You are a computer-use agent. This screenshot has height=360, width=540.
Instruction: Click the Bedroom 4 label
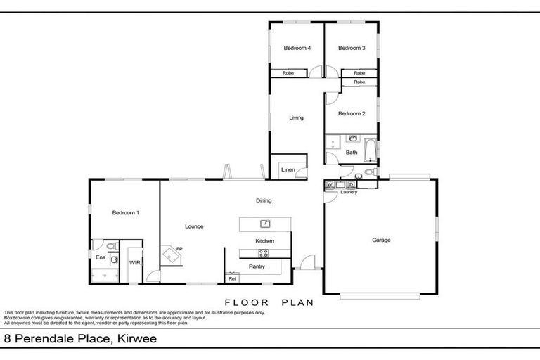click(297, 48)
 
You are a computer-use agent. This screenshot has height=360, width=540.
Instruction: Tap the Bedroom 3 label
click(352, 48)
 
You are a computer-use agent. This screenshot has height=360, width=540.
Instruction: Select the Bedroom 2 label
click(352, 113)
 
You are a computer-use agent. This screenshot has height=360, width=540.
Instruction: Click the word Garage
click(381, 240)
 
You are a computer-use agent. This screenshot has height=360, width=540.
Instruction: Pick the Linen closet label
click(288, 170)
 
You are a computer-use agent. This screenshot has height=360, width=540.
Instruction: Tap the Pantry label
click(257, 267)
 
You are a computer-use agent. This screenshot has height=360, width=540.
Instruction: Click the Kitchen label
click(264, 241)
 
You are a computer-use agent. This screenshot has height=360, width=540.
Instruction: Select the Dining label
click(264, 200)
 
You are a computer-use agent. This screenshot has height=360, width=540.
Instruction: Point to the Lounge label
click(194, 226)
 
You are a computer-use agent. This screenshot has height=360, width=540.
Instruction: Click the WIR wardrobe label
click(134, 262)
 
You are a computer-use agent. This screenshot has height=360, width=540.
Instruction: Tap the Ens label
click(101, 257)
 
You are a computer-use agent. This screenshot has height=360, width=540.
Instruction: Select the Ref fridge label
click(231, 278)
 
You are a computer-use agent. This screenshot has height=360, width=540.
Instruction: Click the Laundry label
click(349, 192)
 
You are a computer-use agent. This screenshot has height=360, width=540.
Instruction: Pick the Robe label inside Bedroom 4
click(288, 73)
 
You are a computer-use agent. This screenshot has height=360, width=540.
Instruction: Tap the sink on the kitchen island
click(266, 224)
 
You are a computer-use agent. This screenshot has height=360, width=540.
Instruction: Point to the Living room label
click(296, 117)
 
